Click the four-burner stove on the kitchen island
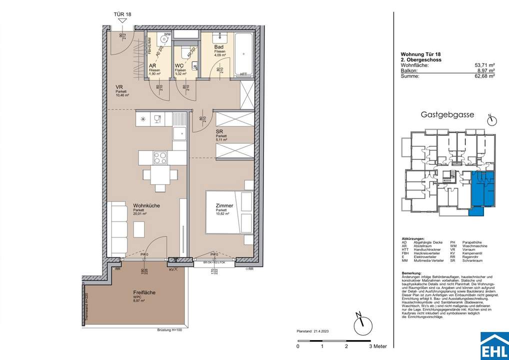coord(160,158)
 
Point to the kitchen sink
coord(178,133)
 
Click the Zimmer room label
coord(223,205)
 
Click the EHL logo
coord(493,345)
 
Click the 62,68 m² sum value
coord(484,76)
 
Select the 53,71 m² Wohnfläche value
coord(484,65)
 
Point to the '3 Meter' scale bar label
coord(377,346)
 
